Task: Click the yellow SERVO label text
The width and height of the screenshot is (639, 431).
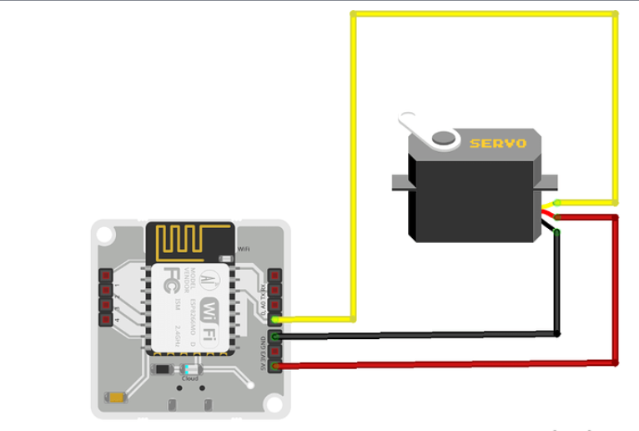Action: [498, 143]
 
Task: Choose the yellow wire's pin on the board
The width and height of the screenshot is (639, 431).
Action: [275, 319]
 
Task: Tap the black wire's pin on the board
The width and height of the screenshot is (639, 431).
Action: [275, 336]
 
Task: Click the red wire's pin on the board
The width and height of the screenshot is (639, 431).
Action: [275, 364]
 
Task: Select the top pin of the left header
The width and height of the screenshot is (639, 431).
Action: [106, 275]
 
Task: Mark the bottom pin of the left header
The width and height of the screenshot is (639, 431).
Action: [106, 318]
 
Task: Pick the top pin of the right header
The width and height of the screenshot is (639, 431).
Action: [275, 275]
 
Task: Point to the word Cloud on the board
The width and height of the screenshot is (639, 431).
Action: [190, 378]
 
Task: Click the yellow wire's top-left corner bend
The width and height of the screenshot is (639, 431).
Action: [354, 14]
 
